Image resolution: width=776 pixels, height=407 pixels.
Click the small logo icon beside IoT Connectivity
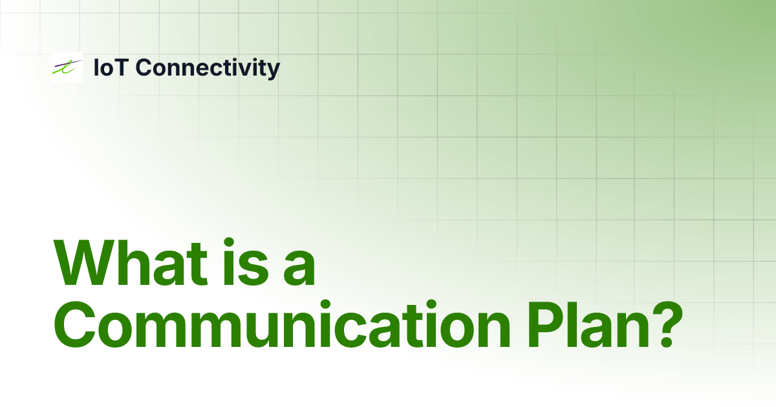(67, 67)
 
